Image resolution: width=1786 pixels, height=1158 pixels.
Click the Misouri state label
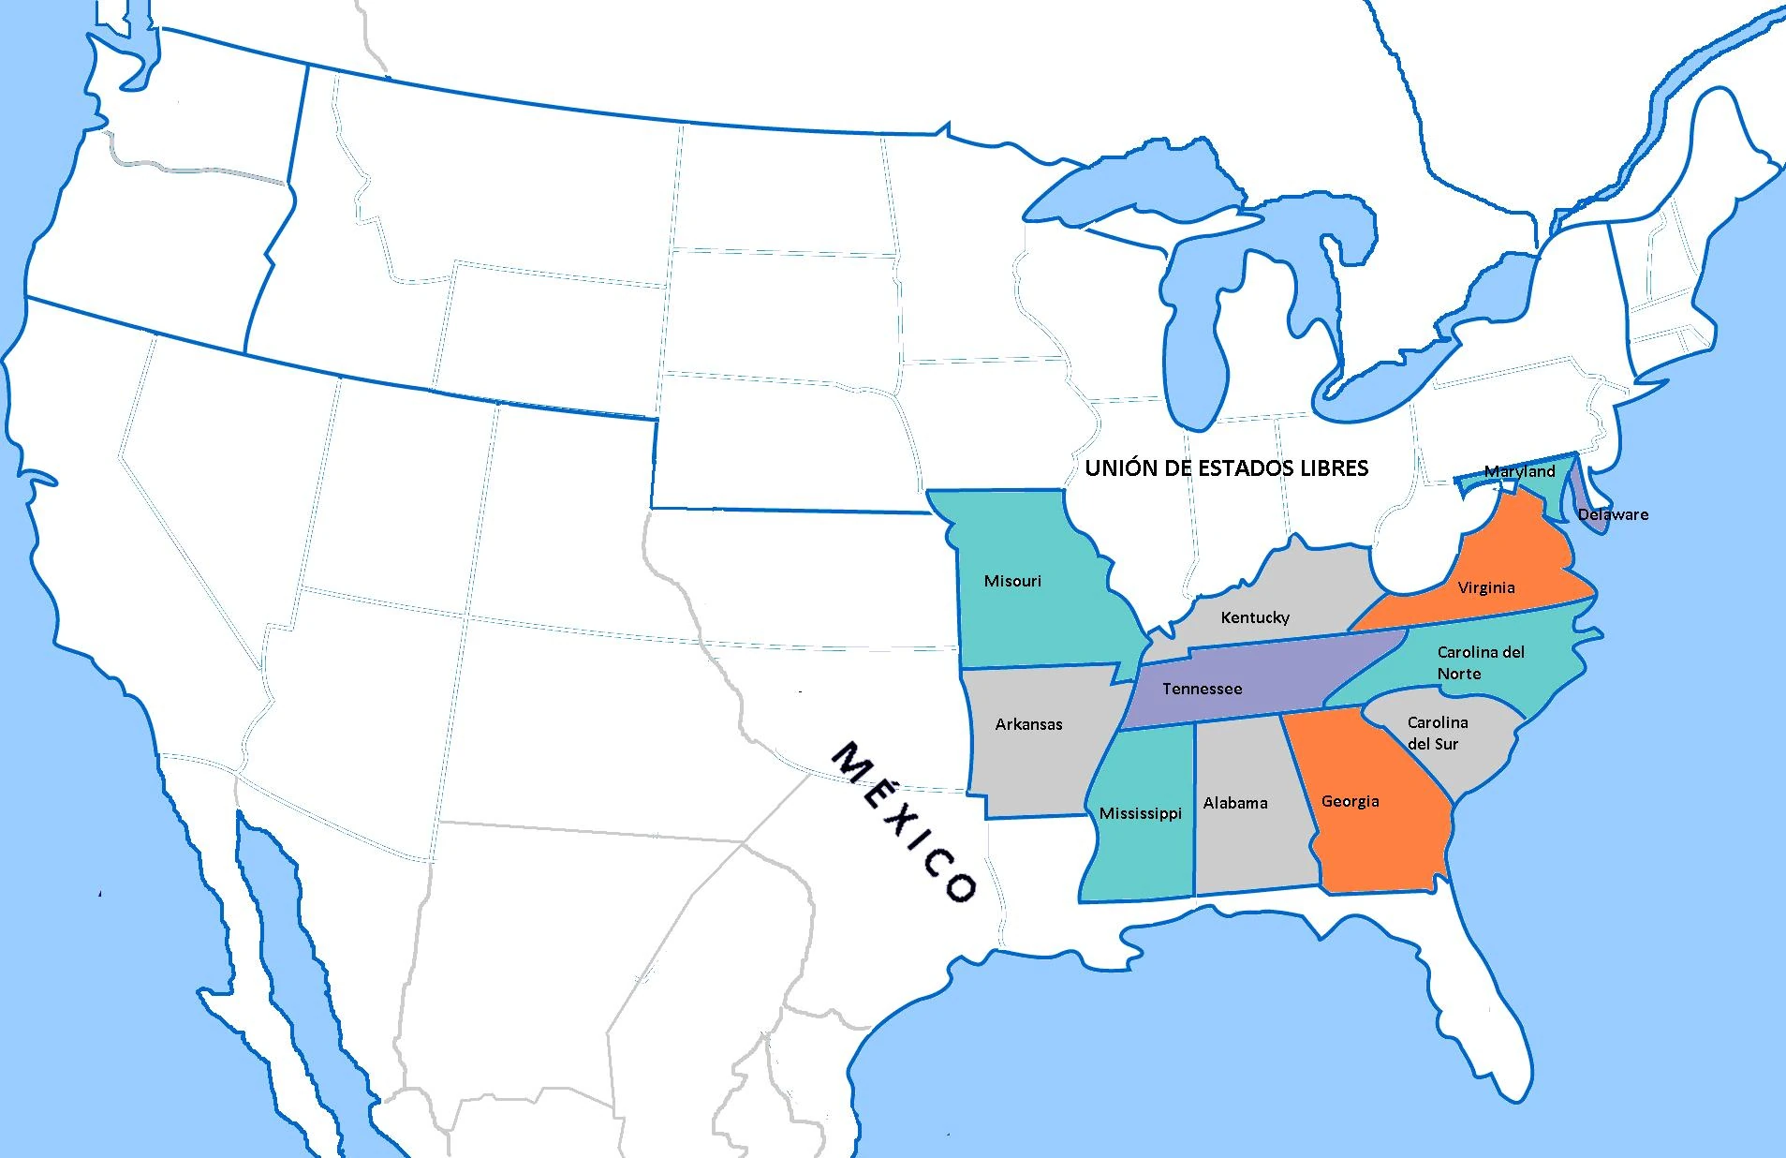click(x=1012, y=581)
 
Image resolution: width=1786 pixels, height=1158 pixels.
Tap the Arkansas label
click(x=1028, y=724)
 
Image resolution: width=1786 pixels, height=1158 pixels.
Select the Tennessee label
click(x=1203, y=689)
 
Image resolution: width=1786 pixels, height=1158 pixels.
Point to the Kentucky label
click(x=1255, y=617)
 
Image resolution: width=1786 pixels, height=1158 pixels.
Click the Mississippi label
click(x=1141, y=813)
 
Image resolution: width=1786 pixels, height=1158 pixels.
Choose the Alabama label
click(x=1235, y=803)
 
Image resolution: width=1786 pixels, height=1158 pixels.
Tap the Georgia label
click(x=1350, y=801)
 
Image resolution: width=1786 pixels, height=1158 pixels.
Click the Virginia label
click(x=1486, y=587)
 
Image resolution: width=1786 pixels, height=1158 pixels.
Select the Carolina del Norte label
click(x=1480, y=662)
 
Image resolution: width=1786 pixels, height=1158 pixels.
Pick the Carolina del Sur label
click(x=1437, y=733)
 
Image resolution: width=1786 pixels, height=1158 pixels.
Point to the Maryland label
click(x=1519, y=471)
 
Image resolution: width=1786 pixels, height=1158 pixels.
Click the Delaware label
click(x=1613, y=514)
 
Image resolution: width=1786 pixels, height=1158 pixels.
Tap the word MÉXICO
click(x=905, y=822)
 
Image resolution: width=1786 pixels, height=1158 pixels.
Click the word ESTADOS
click(x=1238, y=468)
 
